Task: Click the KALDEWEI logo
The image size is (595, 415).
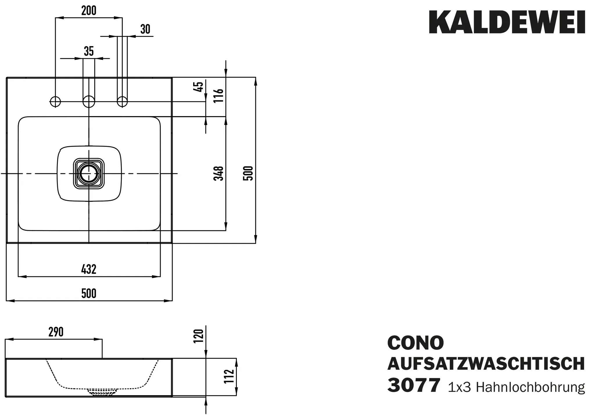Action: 507,22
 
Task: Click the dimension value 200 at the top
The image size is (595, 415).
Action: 89,11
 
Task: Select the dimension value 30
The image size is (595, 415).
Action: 145,29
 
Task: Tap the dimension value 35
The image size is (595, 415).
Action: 89,51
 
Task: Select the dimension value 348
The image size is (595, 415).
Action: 218,173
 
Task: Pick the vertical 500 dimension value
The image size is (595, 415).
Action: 248,173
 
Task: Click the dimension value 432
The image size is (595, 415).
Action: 89,269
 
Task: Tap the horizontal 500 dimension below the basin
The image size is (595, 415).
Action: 89,293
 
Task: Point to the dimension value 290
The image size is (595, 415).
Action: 56,332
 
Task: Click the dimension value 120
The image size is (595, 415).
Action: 198,336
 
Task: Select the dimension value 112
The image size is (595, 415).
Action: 229,376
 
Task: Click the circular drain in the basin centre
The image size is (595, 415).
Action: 89,174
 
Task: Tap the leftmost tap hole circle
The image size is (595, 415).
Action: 55,102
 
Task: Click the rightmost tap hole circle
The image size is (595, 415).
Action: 122,102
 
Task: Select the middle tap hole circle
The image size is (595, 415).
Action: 89,102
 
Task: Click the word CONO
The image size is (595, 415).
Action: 415,343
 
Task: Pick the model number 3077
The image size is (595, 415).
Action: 414,385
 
